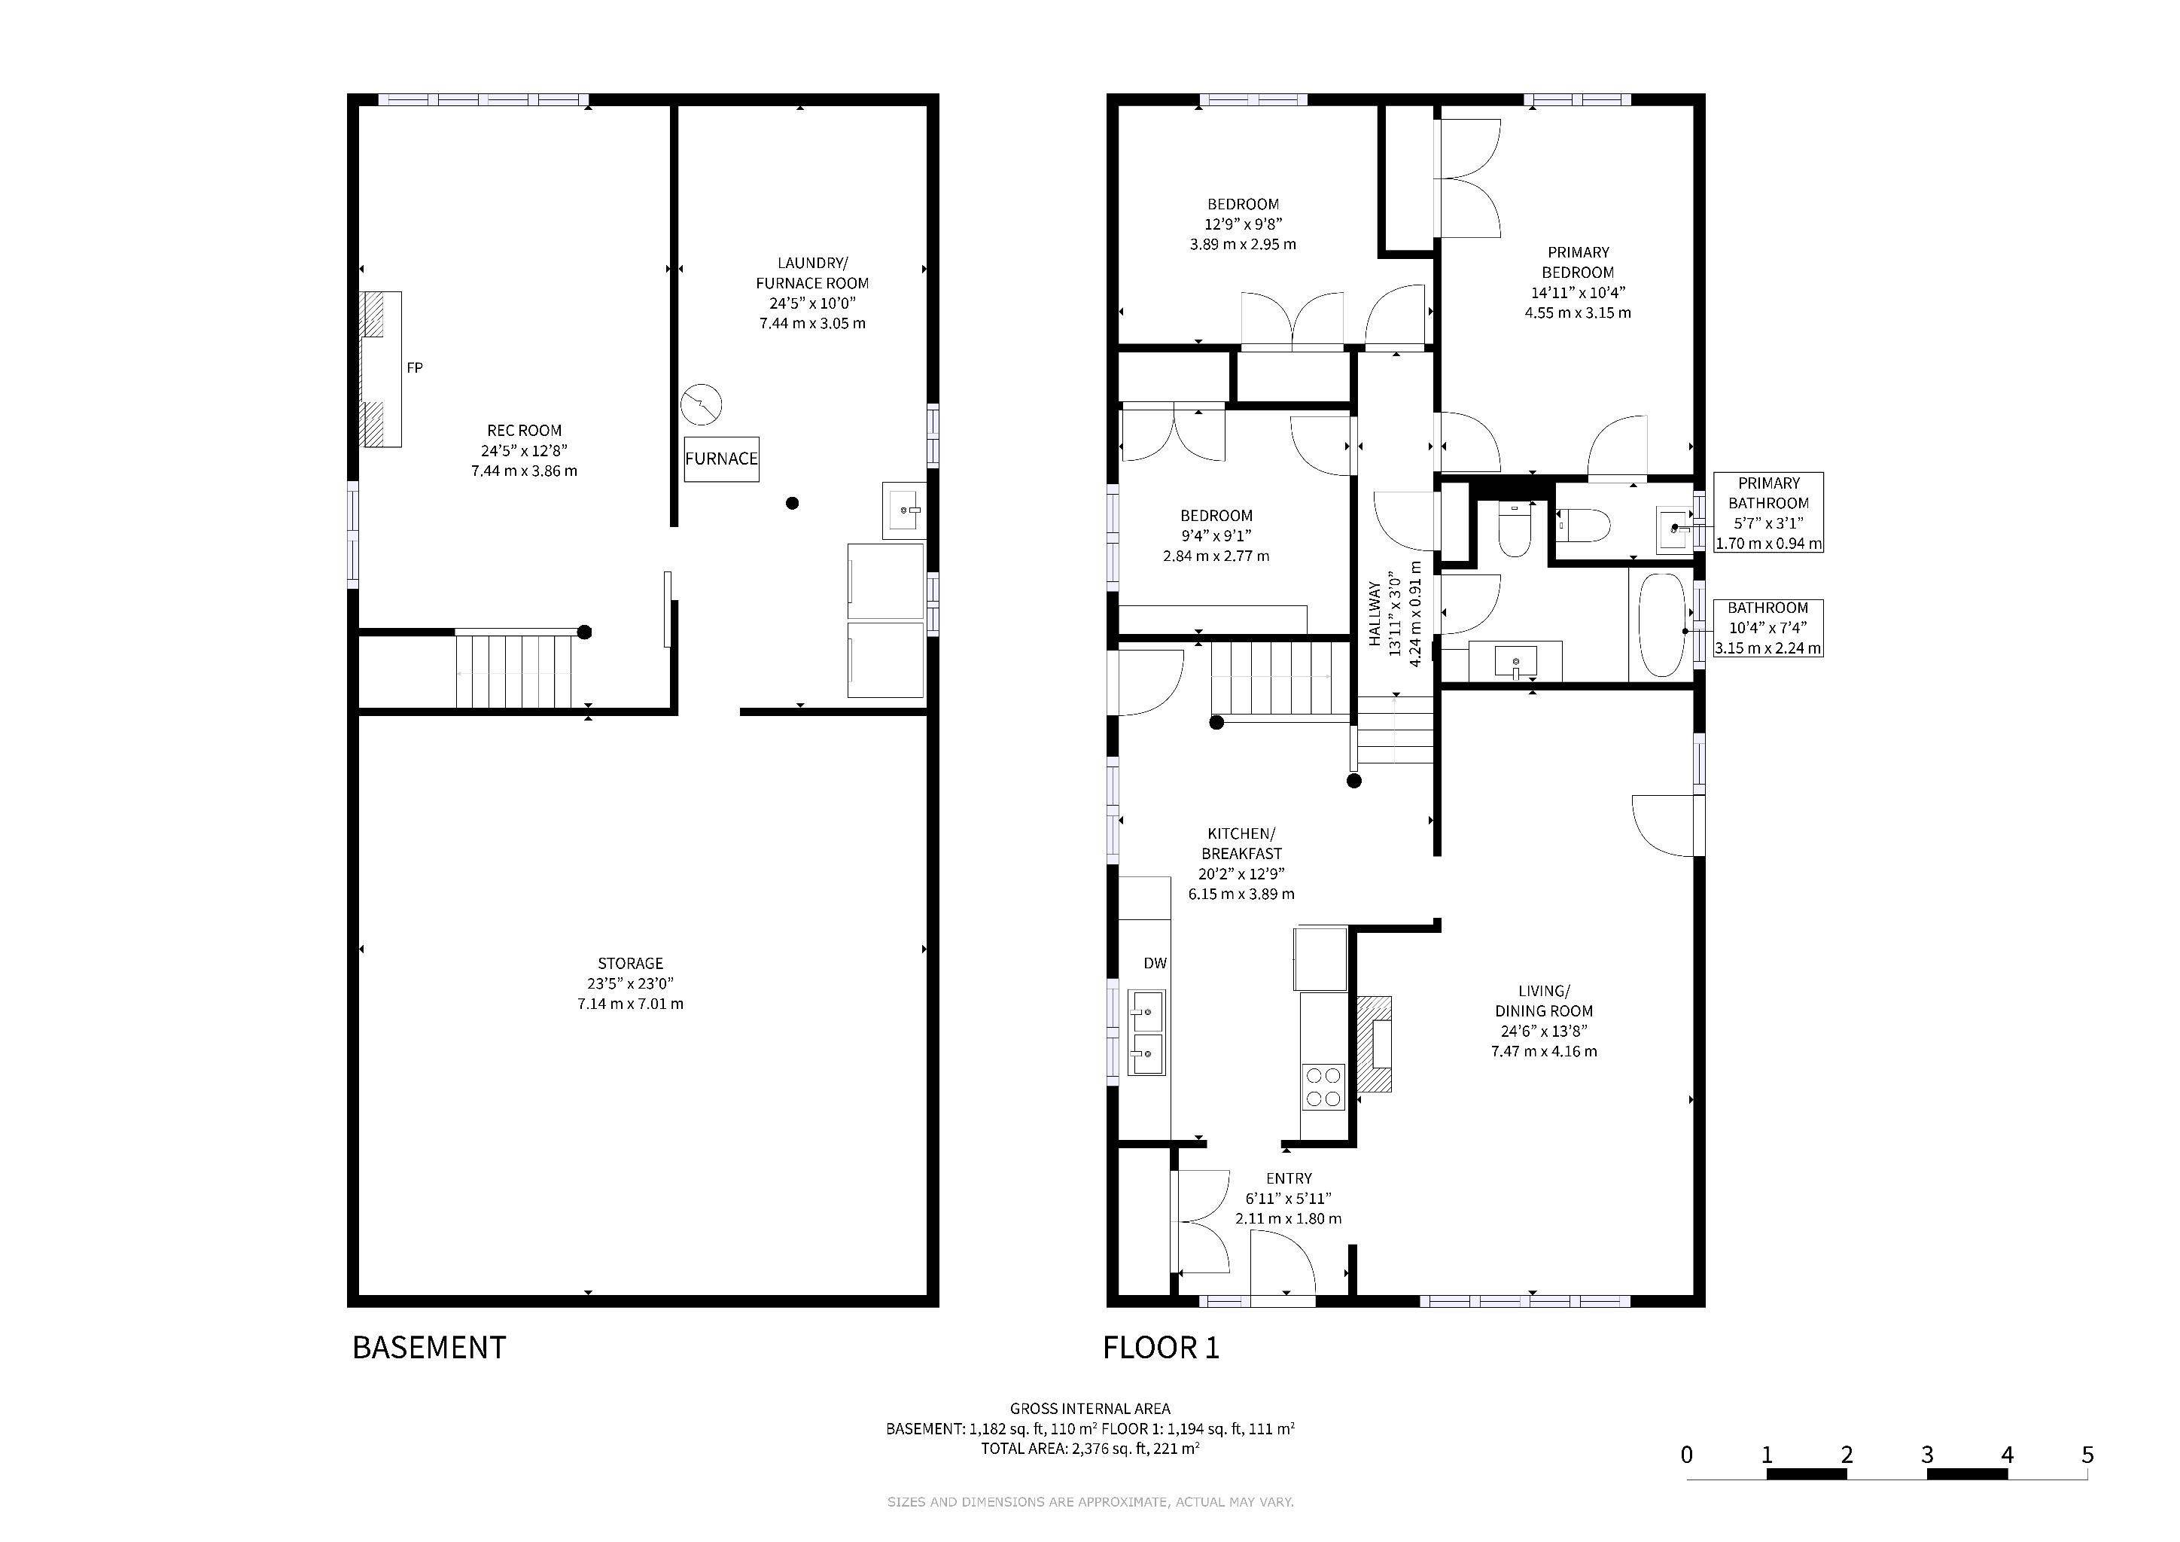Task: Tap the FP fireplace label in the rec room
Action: tap(414, 367)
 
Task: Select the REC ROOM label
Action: tap(524, 430)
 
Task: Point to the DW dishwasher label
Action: tap(1155, 963)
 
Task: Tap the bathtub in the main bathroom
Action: tap(1661, 624)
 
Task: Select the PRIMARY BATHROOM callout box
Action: tap(1768, 513)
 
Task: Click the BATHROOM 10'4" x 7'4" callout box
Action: tap(1768, 628)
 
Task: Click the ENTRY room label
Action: tap(1289, 1178)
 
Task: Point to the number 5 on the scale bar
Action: tap(2087, 1455)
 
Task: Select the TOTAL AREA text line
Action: tap(1089, 1449)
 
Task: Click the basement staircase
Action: tap(513, 672)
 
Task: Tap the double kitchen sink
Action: tap(1146, 1032)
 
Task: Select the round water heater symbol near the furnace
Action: tap(702, 404)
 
